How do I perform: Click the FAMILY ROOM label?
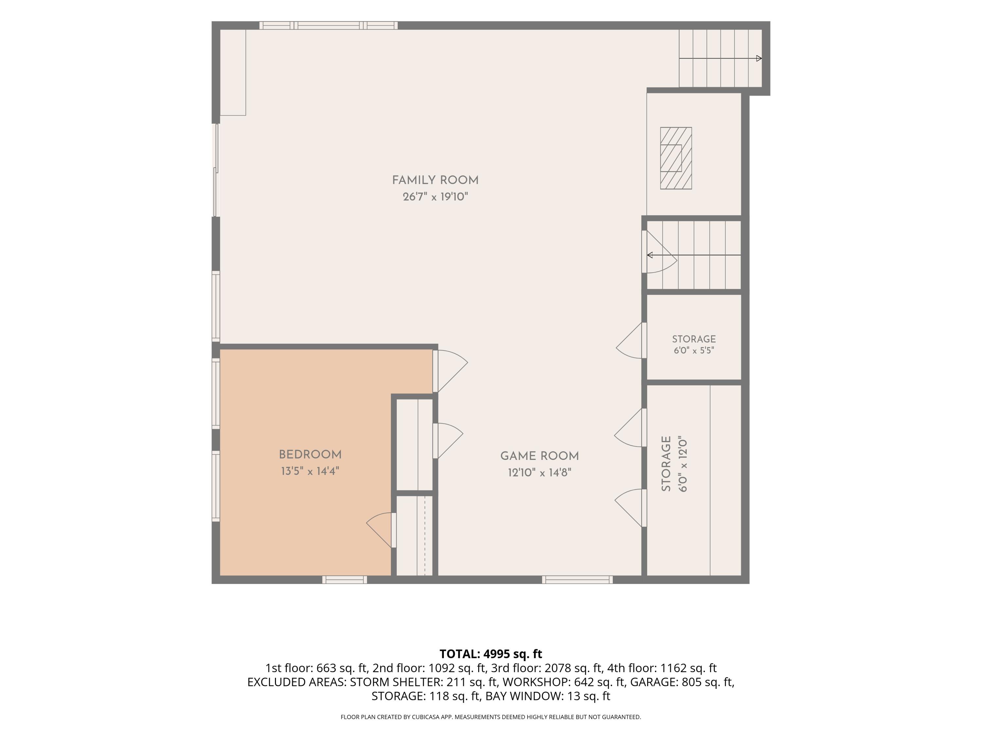435,180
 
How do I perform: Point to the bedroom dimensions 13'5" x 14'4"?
310,471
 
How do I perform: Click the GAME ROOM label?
539,456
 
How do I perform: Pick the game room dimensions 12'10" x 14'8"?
539,472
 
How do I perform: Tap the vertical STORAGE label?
666,463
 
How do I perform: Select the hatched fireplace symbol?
676,158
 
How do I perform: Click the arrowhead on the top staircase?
759,58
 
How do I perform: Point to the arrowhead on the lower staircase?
650,255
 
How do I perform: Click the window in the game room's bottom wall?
577,580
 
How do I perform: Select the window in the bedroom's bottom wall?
344,580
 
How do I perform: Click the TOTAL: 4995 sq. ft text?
491,654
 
